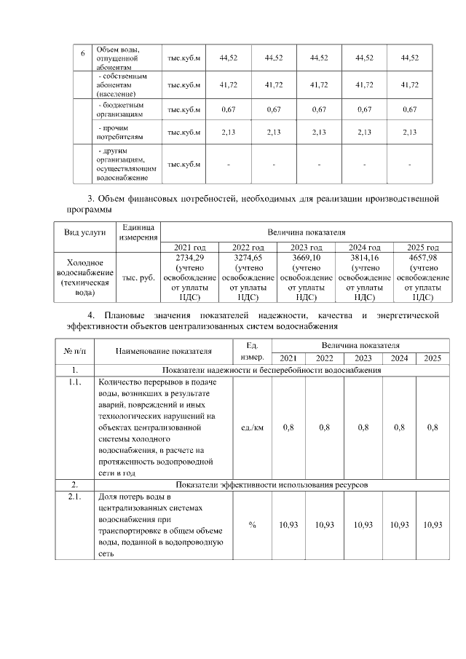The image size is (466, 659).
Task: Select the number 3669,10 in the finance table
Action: coord(306,258)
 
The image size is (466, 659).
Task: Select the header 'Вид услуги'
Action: coord(85,232)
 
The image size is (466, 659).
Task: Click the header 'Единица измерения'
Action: coord(138,232)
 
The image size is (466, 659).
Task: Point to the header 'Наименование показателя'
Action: coord(163,351)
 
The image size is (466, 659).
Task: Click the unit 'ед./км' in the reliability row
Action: coord(252,428)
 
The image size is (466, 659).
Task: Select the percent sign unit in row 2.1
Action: coord(252,525)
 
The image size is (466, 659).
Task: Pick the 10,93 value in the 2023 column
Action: coord(363,525)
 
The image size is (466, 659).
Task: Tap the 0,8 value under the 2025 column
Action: coord(433,428)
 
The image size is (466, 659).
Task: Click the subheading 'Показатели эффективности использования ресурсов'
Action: coord(271,484)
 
